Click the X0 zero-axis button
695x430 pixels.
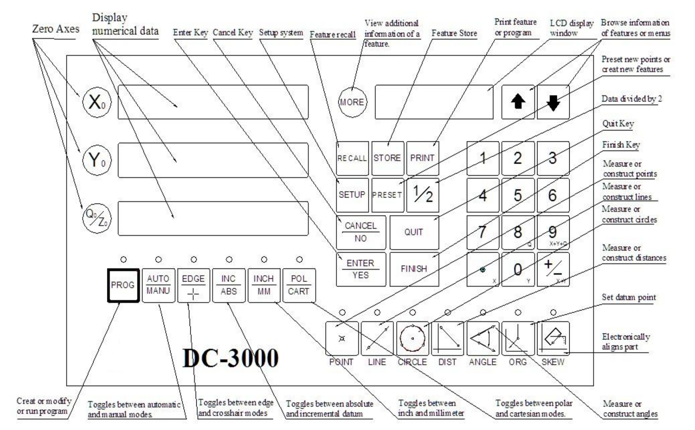tap(96, 102)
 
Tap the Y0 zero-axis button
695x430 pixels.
tap(96, 160)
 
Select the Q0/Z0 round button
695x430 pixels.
tap(96, 219)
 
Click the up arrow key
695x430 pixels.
tap(518, 102)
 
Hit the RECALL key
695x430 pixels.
tap(352, 158)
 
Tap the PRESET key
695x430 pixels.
tap(387, 195)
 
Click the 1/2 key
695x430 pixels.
tap(423, 195)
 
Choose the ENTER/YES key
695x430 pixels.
tap(361, 269)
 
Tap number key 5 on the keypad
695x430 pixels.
tap(518, 195)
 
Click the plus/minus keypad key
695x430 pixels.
tap(553, 269)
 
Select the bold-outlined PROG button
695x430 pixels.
tap(123, 285)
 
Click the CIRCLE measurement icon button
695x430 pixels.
tap(412, 338)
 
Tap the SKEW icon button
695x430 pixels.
tap(553, 338)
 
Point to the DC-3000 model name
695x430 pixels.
tap(231, 358)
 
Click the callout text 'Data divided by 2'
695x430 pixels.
tap(631, 99)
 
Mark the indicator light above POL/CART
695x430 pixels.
tap(299, 259)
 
